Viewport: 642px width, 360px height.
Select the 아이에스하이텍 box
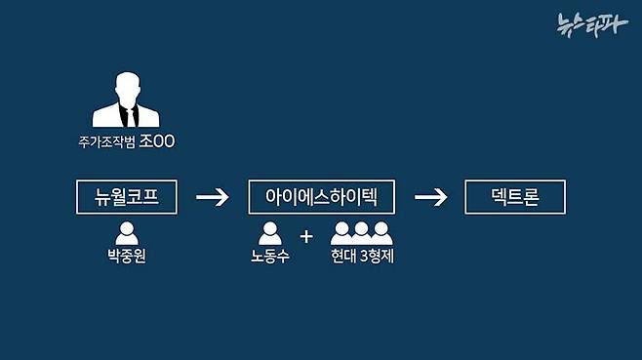coord(321,198)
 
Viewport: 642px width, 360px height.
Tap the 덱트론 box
coord(515,198)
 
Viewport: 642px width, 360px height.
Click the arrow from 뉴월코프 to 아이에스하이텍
coord(212,198)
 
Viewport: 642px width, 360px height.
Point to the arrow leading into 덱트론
coord(430,198)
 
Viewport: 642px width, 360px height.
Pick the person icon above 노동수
coord(270,233)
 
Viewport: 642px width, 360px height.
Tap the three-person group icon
coord(361,233)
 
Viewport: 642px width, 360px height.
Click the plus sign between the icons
coord(306,236)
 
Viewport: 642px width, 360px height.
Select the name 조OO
coord(156,142)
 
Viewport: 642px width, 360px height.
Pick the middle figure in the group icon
coord(361,232)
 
